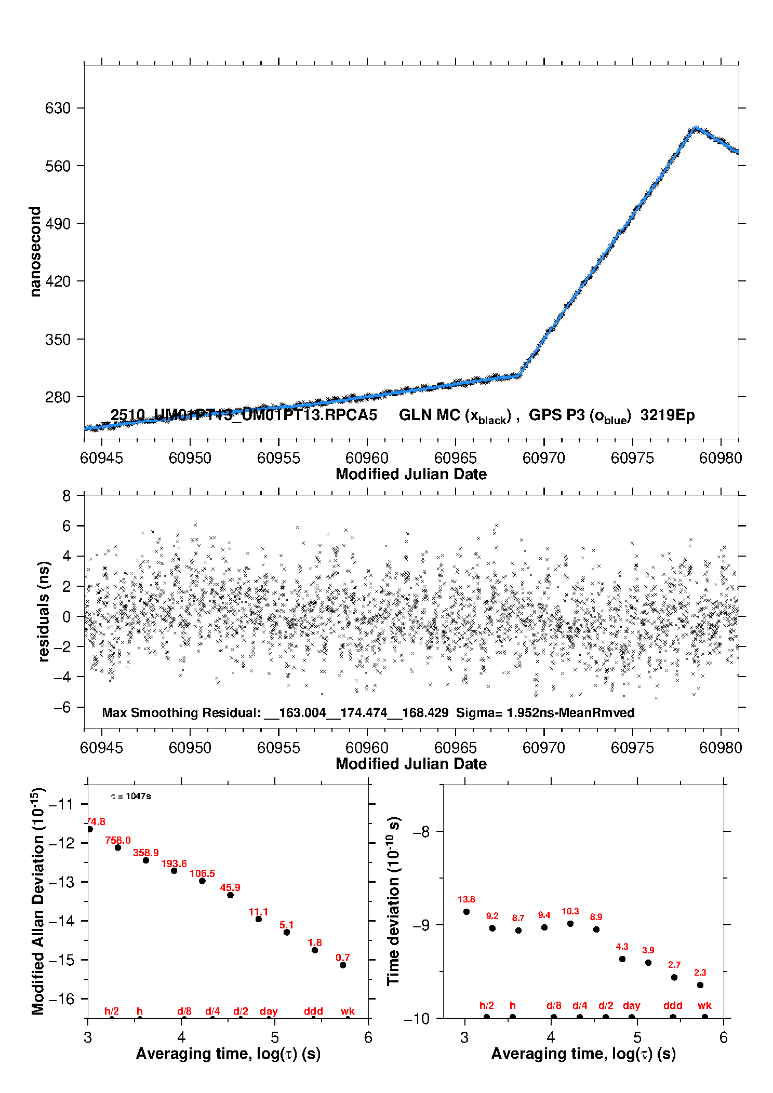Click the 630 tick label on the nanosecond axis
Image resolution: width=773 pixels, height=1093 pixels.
(x=57, y=108)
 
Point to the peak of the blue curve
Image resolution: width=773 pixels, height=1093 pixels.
(x=695, y=128)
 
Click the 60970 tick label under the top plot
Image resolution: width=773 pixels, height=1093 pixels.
(x=544, y=458)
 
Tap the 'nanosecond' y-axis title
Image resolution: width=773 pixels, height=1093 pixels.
(x=35, y=252)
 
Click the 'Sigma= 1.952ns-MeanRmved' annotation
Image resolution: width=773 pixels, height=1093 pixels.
(x=545, y=713)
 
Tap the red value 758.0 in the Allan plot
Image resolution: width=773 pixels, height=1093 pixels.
(x=118, y=840)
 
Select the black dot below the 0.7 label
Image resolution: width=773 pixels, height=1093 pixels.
(x=343, y=965)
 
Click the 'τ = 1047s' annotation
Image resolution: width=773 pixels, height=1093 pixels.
(x=131, y=797)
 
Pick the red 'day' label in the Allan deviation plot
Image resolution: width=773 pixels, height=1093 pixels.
(x=269, y=1011)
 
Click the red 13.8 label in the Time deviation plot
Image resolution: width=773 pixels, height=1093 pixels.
(x=466, y=899)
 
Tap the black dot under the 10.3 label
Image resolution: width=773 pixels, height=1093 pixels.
(x=570, y=924)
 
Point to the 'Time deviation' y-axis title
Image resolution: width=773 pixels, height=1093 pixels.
(x=393, y=901)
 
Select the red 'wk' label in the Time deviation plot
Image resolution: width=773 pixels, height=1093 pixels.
(x=704, y=1006)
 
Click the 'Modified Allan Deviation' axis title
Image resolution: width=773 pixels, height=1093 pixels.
(x=38, y=901)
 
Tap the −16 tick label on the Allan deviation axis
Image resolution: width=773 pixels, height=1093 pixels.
(x=61, y=998)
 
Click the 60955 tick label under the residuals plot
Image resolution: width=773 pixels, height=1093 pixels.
(x=278, y=748)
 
